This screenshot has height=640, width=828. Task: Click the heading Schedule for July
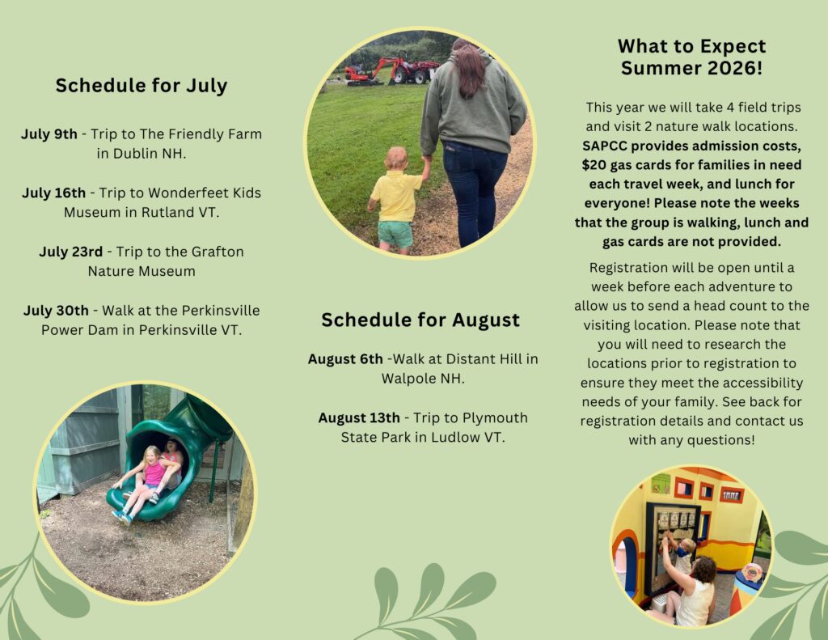coord(142,86)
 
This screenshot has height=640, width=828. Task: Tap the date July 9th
coord(49,134)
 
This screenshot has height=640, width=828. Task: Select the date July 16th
coord(53,193)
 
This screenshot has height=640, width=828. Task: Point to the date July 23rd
coord(71,252)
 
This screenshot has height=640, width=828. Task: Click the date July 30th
coord(56,310)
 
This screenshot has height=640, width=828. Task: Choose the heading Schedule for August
coord(420,320)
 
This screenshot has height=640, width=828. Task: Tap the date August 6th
coord(345,359)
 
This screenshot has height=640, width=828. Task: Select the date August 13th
coord(359,418)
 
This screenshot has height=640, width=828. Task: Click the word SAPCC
coord(605,146)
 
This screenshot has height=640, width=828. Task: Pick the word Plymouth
coord(495,418)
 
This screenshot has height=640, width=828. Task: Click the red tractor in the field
coord(412,70)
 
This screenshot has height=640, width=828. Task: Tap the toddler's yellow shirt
coord(396,196)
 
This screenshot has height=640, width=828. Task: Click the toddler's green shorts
coord(395,234)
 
